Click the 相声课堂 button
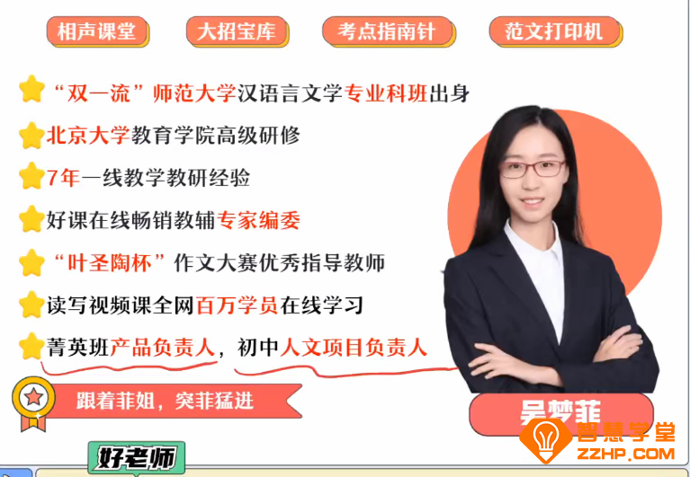click(96, 31)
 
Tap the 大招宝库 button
click(237, 31)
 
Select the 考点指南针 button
click(387, 31)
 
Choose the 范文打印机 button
click(553, 31)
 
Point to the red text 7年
click(63, 177)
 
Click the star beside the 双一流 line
click(31, 90)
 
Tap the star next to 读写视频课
click(31, 305)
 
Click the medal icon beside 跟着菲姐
click(33, 400)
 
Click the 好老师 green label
click(136, 458)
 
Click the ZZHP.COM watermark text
click(628, 451)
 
